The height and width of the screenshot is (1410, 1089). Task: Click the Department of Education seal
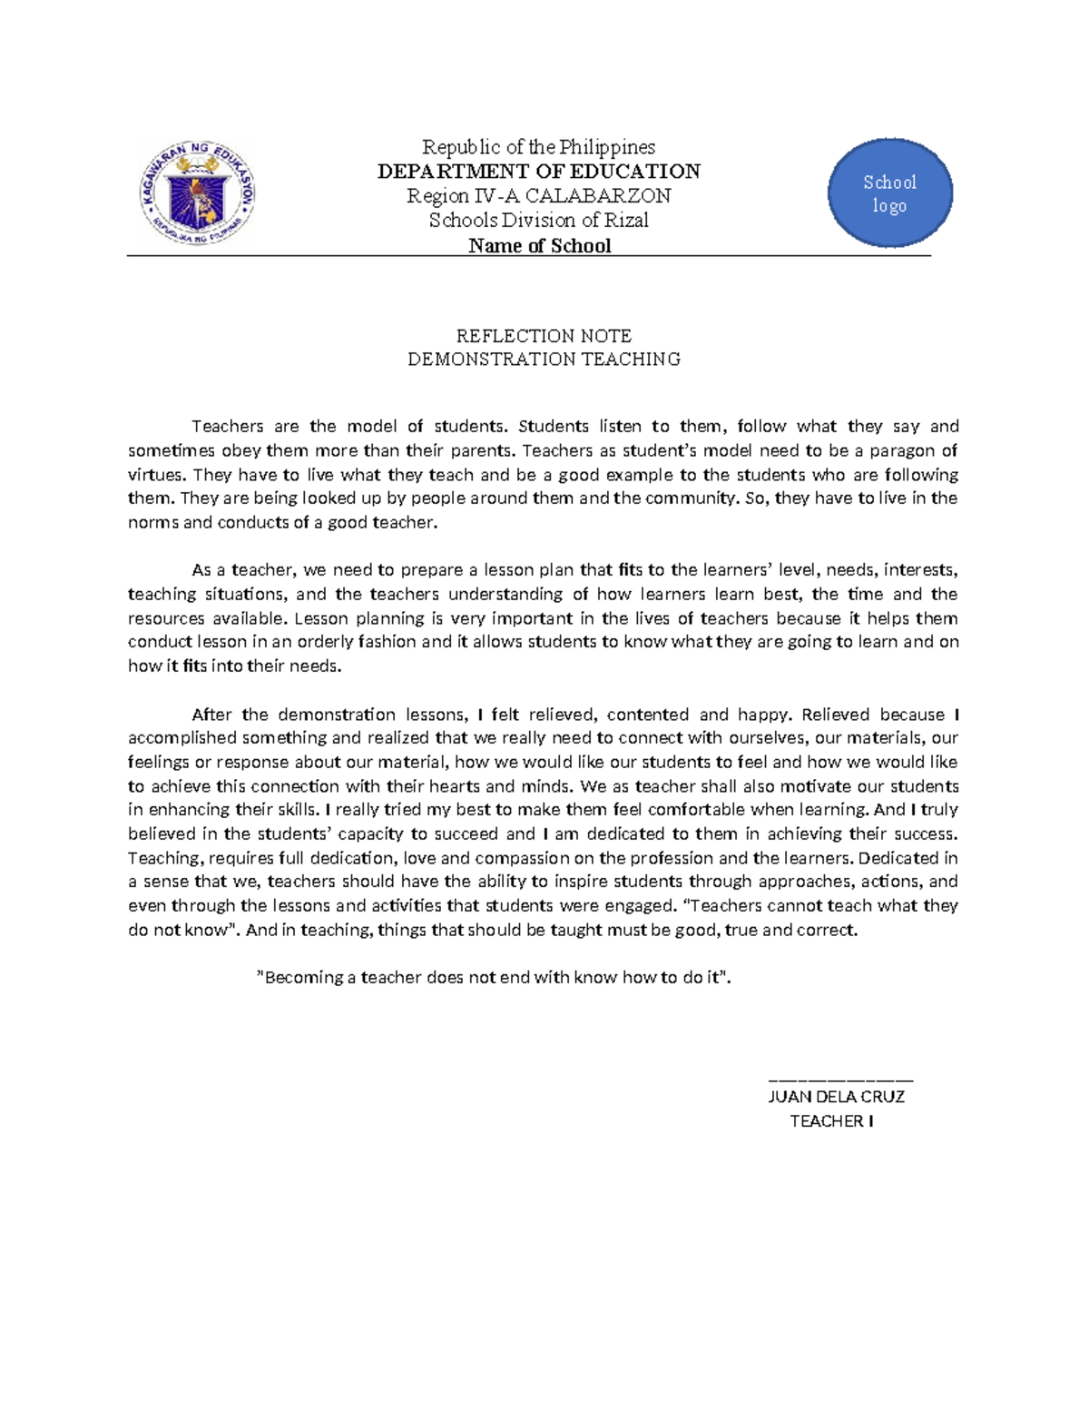click(197, 193)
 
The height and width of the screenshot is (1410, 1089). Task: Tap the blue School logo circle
click(889, 193)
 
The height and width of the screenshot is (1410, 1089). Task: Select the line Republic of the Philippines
click(538, 147)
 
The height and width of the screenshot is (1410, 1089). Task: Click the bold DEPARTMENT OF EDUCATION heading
click(538, 172)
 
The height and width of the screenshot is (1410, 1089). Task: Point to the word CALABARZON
click(598, 196)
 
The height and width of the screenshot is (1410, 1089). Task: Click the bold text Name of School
click(539, 246)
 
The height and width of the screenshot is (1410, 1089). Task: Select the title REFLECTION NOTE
click(544, 336)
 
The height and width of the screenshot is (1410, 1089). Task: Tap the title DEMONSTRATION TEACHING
click(544, 360)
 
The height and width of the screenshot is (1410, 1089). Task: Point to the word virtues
click(155, 475)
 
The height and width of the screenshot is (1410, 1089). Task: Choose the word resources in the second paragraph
click(166, 619)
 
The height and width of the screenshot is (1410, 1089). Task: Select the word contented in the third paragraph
click(648, 715)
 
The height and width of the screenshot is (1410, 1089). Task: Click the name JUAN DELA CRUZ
click(836, 1097)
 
